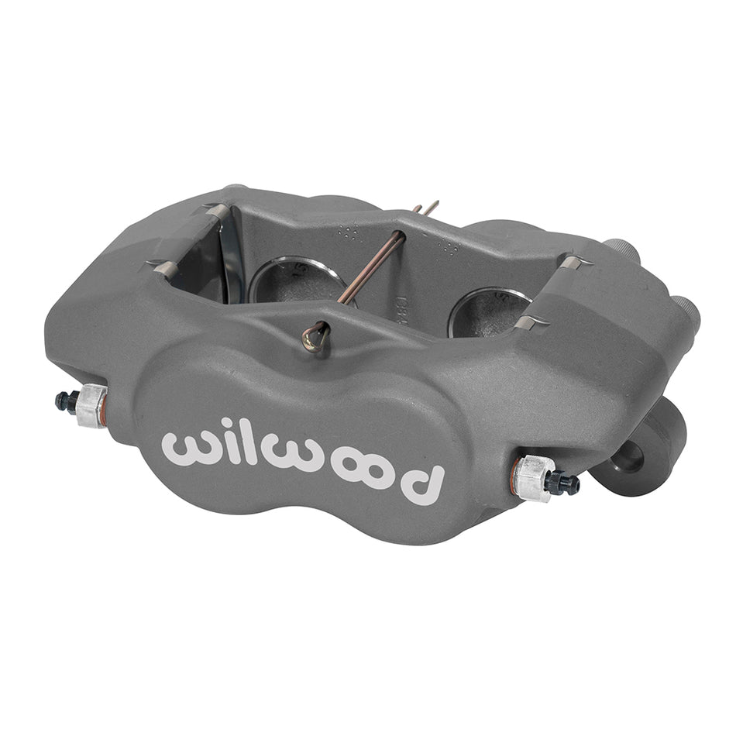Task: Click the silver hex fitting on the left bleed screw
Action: pyautogui.click(x=93, y=404)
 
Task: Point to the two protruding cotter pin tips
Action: pyautogui.click(x=427, y=208)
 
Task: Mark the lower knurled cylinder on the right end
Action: pyautogui.click(x=685, y=310)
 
